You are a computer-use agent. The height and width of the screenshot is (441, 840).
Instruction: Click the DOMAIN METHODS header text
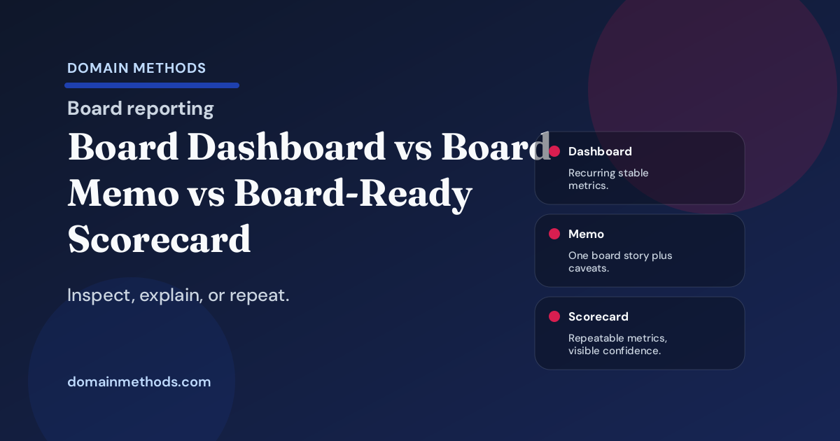click(x=136, y=68)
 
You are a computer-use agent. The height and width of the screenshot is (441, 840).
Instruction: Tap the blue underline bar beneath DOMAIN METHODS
click(x=152, y=85)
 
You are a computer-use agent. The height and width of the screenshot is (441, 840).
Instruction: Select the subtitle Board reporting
click(x=140, y=108)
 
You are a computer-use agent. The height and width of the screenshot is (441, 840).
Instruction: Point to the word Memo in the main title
click(x=122, y=193)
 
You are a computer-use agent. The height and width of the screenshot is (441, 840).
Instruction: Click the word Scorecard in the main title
click(x=159, y=239)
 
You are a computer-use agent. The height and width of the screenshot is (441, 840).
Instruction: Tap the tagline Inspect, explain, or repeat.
click(x=178, y=295)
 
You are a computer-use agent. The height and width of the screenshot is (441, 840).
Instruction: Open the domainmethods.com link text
click(x=139, y=382)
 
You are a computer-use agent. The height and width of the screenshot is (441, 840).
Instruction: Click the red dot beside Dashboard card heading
click(x=554, y=151)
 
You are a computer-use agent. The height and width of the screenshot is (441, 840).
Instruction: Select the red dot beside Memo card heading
click(x=554, y=234)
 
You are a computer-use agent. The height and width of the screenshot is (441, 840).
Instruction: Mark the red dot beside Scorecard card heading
click(x=554, y=316)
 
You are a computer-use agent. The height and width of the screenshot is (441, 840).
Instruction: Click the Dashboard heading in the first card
click(x=600, y=151)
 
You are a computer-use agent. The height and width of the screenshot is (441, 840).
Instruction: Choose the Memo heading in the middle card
click(x=586, y=234)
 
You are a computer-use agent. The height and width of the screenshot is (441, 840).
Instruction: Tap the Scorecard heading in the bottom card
click(x=598, y=316)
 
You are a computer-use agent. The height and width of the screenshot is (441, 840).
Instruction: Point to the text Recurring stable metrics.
click(x=608, y=179)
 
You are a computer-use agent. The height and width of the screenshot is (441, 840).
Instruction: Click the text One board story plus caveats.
click(x=619, y=262)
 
